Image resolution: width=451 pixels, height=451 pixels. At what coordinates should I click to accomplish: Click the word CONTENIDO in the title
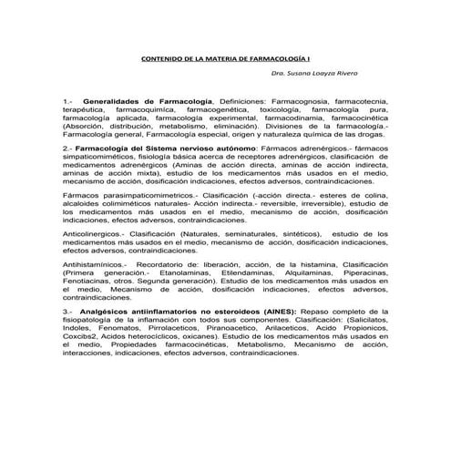tap(160, 58)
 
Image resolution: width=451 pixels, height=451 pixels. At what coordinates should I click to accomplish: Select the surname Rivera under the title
tap(343, 72)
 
